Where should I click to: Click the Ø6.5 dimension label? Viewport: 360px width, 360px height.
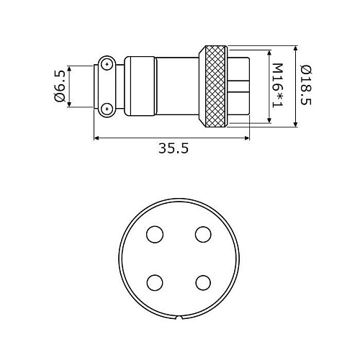coord(60,86)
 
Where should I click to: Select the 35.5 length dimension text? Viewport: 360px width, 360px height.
coord(174,148)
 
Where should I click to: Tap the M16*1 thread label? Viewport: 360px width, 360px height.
coord(278,85)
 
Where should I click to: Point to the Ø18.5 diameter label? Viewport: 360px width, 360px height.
coord(306,85)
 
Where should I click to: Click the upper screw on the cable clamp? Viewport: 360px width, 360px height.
coord(107,64)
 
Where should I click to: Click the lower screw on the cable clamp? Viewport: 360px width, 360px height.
coord(107,109)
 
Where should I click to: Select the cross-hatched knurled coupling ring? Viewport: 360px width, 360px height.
coord(215,86)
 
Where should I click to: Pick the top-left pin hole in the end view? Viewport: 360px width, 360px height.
coord(155,234)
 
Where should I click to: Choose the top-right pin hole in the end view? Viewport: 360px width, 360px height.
coord(203,234)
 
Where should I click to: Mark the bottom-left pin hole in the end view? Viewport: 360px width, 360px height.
coord(155,282)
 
